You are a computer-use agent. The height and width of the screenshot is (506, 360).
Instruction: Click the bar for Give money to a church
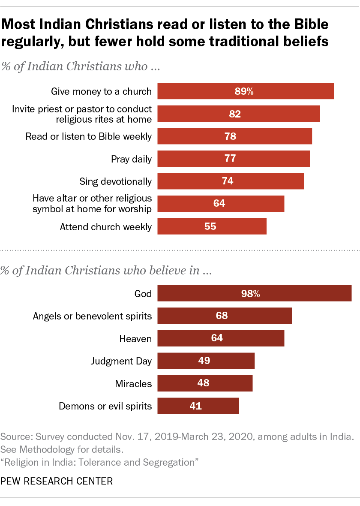coord(246,91)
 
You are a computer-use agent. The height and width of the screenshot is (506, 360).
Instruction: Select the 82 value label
coord(235,114)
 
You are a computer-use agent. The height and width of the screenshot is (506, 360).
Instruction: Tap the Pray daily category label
coord(131,160)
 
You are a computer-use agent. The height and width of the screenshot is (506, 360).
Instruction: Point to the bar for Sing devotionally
coord(231,181)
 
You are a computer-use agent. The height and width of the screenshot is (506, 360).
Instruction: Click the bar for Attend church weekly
coord(212,226)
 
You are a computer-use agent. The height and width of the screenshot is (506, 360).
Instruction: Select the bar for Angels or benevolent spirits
coord(225,316)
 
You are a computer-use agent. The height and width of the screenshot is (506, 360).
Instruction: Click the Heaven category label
coord(135,339)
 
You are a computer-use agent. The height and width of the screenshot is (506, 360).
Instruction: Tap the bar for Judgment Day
coord(206,361)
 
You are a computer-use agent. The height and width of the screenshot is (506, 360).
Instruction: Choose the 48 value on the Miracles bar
coord(204,383)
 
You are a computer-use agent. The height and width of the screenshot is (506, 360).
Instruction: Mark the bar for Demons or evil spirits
coord(198,406)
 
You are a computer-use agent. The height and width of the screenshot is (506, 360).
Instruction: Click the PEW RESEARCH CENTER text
coord(57,481)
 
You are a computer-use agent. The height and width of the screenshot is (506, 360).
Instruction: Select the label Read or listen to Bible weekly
coord(89,137)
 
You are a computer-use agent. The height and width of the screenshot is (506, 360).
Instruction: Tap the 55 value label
coord(210,226)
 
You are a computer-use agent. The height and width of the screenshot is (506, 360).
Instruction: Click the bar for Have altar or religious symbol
coord(221,204)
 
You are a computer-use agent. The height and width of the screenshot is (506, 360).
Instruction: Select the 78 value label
coord(231,137)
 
